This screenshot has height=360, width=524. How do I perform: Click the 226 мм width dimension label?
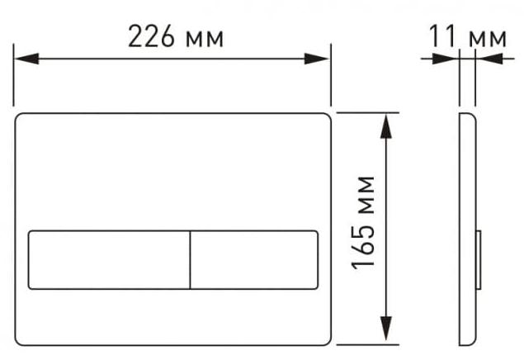click(176, 36)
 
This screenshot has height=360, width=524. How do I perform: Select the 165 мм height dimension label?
click(363, 223)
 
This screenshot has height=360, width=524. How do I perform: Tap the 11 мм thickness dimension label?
click(468, 36)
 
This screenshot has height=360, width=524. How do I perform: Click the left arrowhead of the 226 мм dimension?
click(26, 59)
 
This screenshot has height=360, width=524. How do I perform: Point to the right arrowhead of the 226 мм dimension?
click(316, 59)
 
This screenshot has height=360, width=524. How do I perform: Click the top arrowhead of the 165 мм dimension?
click(386, 126)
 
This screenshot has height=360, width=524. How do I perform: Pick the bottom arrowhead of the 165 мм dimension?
click(386, 329)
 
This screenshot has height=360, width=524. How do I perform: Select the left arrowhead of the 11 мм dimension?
click(445, 59)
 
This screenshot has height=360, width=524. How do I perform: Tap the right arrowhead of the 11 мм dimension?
click(490, 59)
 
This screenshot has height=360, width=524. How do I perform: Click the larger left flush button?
click(109, 260)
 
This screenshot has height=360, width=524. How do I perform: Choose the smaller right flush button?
click(254, 260)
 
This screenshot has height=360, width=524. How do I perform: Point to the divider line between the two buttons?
click(190, 260)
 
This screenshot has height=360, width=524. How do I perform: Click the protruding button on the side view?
click(479, 260)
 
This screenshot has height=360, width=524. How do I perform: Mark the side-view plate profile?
click(468, 230)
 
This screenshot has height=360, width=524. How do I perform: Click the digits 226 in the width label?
click(151, 36)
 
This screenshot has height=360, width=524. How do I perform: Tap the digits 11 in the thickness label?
click(441, 36)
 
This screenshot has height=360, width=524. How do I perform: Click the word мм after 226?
click(205, 40)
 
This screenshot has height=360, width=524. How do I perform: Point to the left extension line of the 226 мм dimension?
click(13, 75)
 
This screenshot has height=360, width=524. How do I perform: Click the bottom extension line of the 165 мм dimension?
click(367, 344)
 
